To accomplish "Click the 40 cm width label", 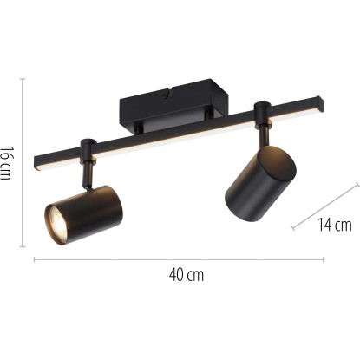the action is pyautogui.click(x=187, y=275).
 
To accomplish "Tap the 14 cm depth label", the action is pyautogui.click(x=335, y=225).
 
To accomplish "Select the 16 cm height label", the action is pyautogui.click(x=6, y=163).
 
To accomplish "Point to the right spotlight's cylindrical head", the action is pyautogui.click(x=260, y=184).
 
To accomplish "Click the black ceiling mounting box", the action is pyautogui.click(x=174, y=106).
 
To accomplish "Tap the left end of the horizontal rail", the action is pyautogui.click(x=36, y=163).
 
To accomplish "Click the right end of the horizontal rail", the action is pyautogui.click(x=320, y=104).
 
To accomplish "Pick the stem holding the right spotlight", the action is pyautogui.click(x=264, y=134).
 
